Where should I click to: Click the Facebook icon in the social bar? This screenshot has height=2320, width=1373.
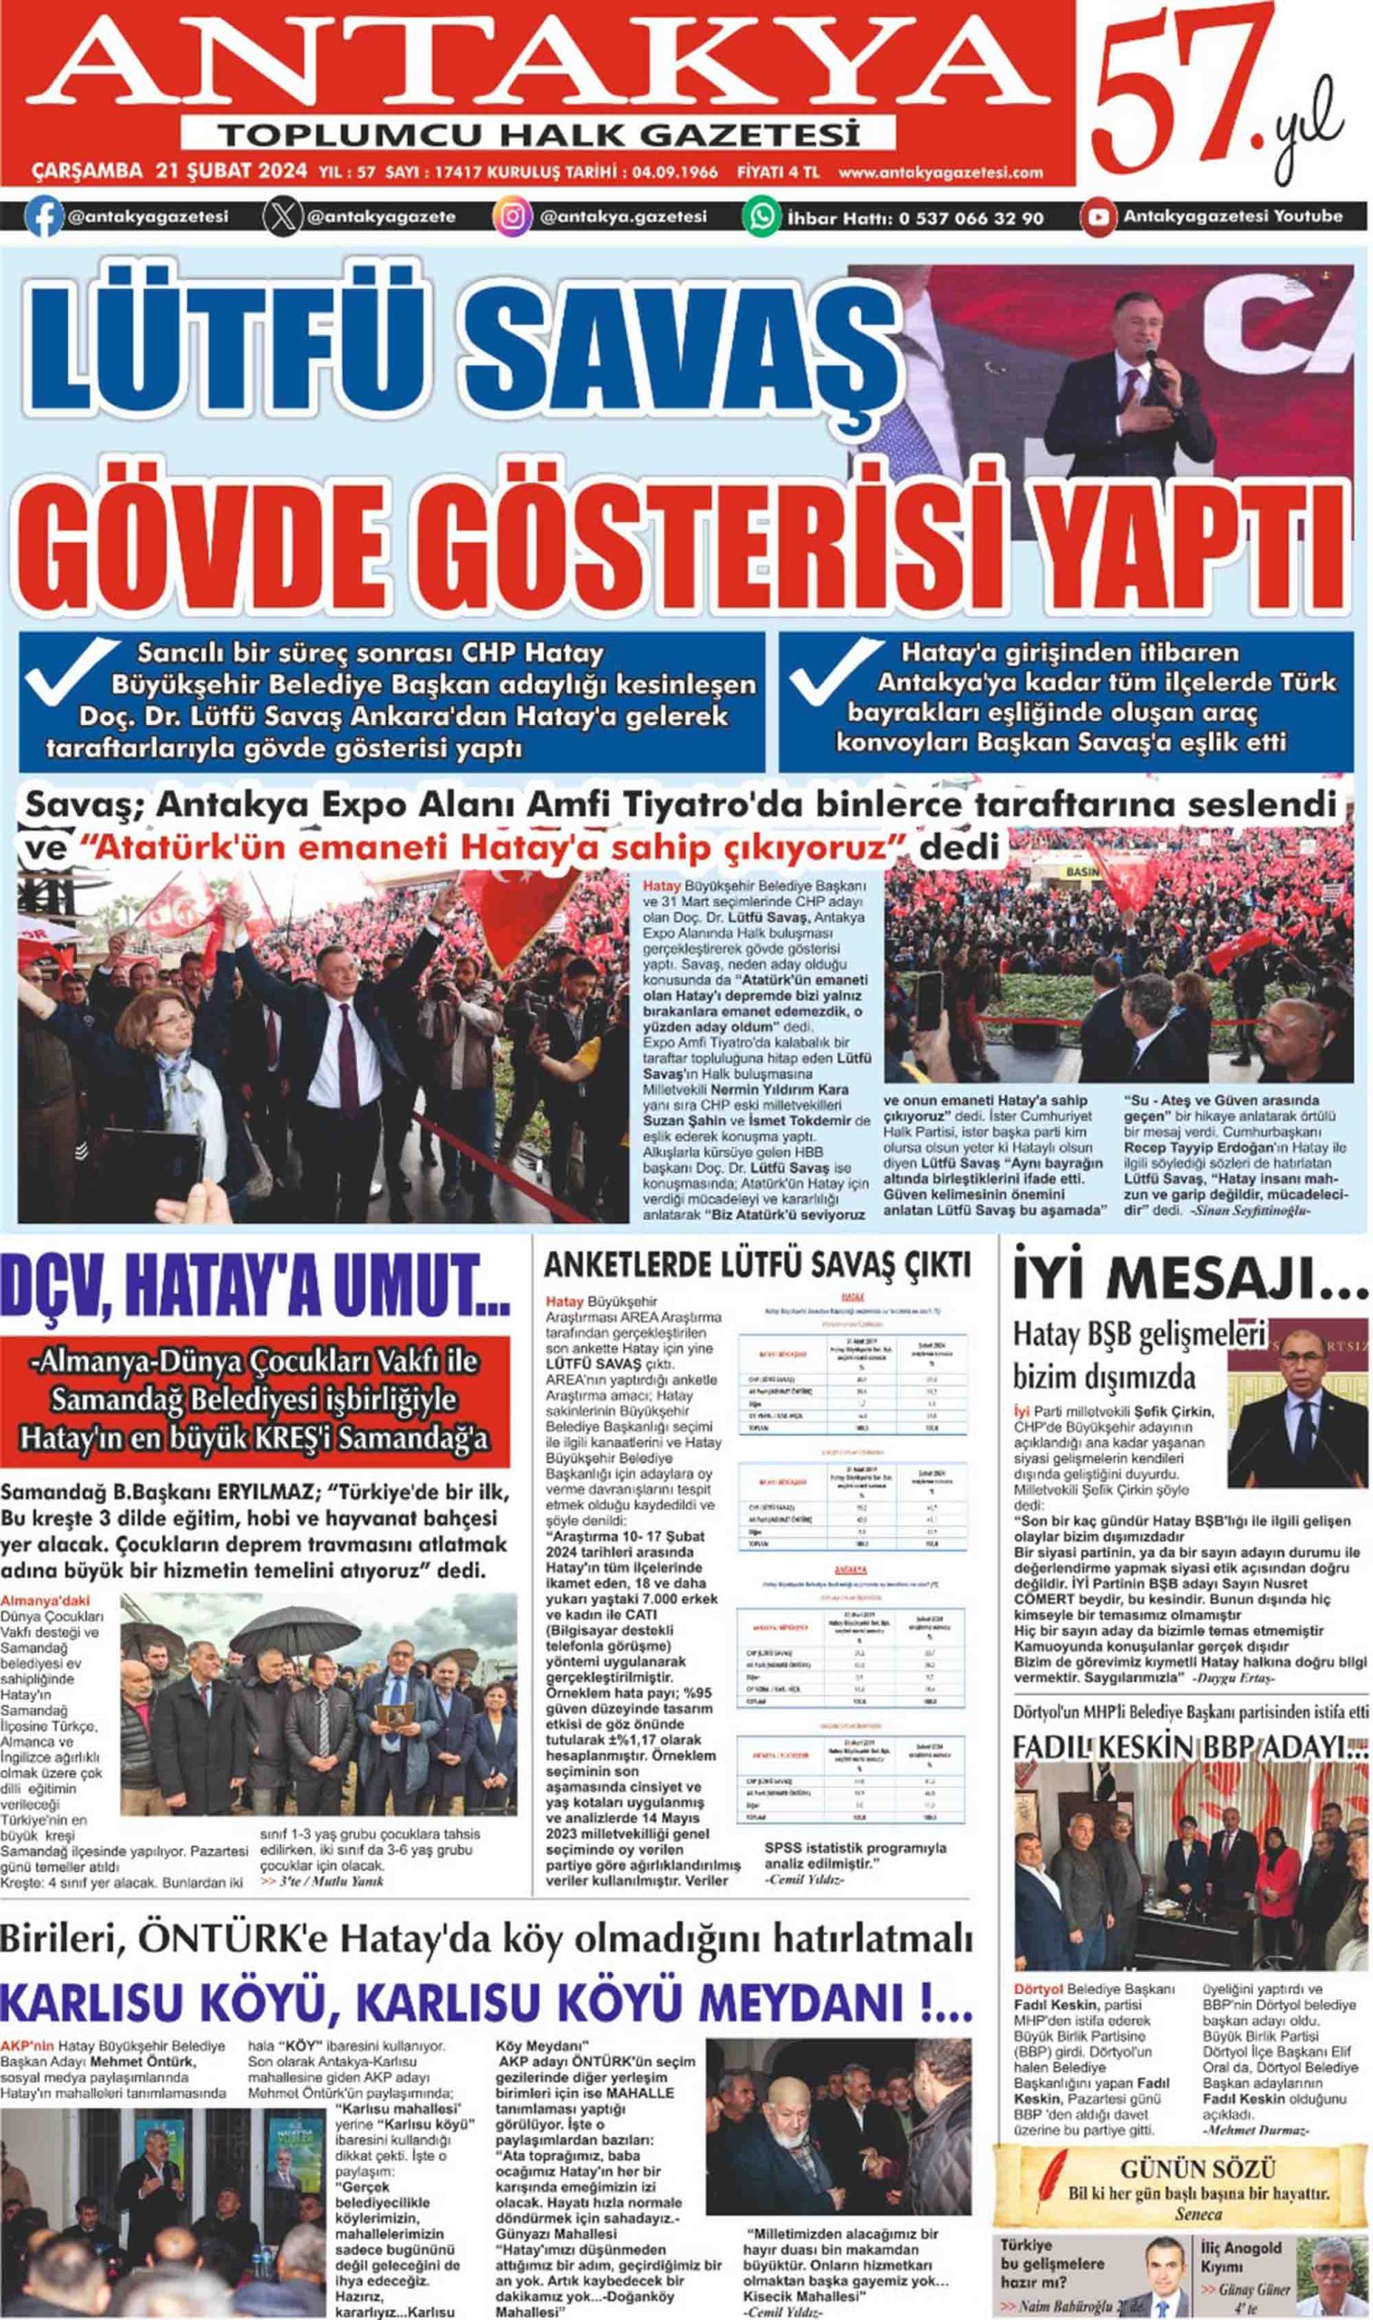click(44, 218)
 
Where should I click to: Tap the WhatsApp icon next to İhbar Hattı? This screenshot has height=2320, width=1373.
click(761, 218)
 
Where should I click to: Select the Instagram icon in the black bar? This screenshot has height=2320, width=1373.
click(511, 218)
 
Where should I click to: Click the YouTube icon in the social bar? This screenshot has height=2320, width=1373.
click(1098, 218)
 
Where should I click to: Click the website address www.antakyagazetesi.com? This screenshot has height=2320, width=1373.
click(941, 172)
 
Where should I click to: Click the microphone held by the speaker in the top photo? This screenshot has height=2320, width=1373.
click(1152, 356)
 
